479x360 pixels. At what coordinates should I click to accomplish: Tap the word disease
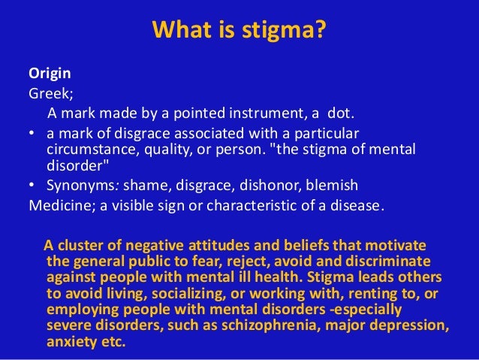point(357,204)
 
